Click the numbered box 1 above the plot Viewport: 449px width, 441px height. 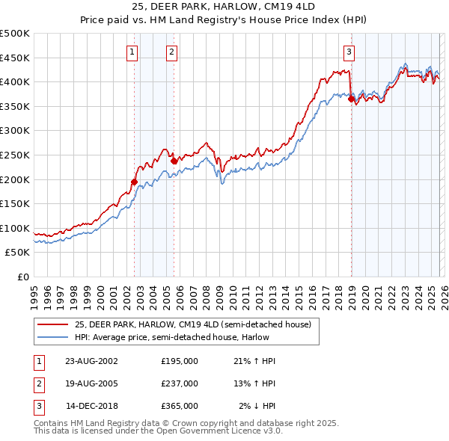[132, 52]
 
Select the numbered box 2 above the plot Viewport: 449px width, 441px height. [171, 52]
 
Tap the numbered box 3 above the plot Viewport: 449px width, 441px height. [349, 52]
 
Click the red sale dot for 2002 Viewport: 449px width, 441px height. [135, 181]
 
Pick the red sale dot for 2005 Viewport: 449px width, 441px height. [174, 161]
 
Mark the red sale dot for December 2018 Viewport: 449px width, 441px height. [351, 99]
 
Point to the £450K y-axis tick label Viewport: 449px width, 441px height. [15, 58]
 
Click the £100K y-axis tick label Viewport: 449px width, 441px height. [15, 228]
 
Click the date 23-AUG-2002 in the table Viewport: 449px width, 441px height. [91, 360]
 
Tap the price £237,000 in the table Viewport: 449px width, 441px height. [180, 383]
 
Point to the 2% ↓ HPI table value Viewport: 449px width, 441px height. [257, 406]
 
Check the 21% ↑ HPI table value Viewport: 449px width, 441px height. [254, 360]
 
